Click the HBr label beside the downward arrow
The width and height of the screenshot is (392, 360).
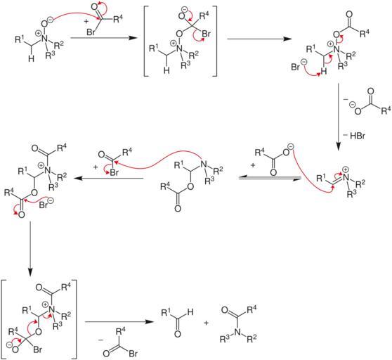pos(358,136)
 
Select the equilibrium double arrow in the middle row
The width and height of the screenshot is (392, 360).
pos(270,178)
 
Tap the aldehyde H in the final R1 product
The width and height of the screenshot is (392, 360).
pos(190,312)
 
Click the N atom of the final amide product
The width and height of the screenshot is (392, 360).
pos(237,332)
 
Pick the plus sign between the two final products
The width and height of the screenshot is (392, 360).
pos(206,323)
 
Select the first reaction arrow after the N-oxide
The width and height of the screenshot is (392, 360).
pos(104,38)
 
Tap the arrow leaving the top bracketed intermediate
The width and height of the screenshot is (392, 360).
pos(259,39)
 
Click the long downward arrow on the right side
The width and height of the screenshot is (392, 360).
pos(338,117)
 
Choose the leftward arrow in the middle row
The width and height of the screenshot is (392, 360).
pos(108,178)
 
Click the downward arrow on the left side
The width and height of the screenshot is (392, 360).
pos(30,248)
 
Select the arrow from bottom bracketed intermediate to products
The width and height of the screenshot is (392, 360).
pos(119,322)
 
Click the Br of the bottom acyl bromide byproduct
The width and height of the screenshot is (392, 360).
pos(133,353)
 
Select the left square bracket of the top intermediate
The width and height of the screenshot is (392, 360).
pos(147,41)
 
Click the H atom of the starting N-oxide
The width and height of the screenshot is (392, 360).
pos(31,58)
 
